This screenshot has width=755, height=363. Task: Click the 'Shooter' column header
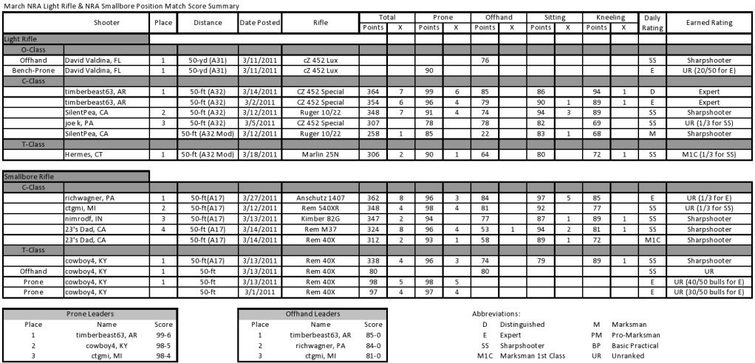(106, 23)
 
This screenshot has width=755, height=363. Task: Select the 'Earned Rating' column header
(710, 23)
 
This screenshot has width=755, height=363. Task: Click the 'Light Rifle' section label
(21, 38)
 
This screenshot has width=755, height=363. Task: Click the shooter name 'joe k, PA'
(80, 122)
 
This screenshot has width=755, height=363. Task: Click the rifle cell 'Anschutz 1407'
(320, 198)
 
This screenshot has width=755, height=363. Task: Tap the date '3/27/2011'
(259, 198)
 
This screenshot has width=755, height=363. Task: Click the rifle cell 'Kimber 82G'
(320, 219)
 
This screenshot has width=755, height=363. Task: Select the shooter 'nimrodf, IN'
(85, 219)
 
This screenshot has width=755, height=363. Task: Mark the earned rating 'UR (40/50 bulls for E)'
(710, 281)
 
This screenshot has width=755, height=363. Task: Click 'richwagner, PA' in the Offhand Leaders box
(320, 345)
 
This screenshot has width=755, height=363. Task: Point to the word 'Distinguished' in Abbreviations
(518, 324)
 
